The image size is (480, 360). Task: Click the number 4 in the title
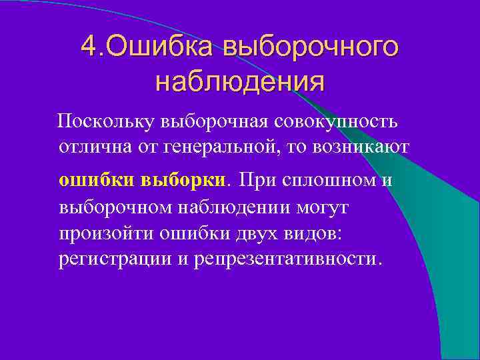[87, 47]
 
